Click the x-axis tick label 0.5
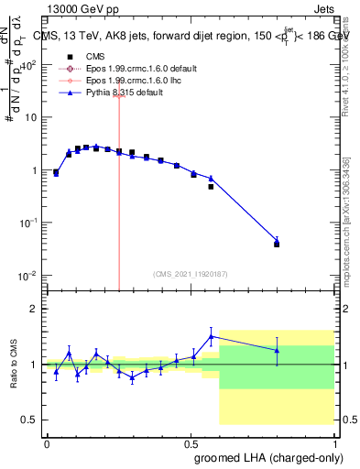tap(191, 442)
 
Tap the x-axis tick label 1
tap(335, 442)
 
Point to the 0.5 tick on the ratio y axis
tap(30, 420)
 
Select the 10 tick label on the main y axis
tap(29, 118)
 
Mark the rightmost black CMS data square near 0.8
tap(277, 245)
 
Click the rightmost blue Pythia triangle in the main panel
tap(277, 241)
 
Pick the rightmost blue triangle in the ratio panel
tap(277, 350)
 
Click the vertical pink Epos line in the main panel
tap(119, 183)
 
